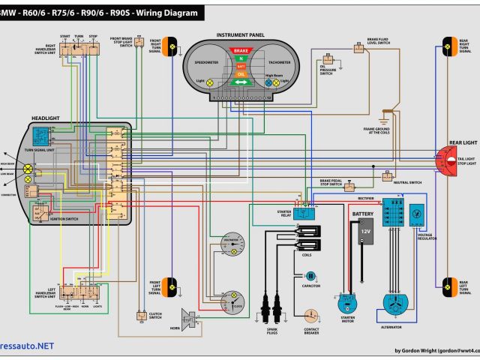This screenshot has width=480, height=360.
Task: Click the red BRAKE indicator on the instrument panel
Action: click(241, 49)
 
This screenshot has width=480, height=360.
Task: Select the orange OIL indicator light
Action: click(241, 74)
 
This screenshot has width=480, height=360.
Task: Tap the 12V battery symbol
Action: click(365, 235)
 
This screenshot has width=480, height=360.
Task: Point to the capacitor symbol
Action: click(311, 276)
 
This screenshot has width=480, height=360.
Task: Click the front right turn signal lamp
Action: click(172, 47)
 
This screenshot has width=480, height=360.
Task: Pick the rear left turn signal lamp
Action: click(449, 286)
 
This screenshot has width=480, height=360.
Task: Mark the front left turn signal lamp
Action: click(172, 285)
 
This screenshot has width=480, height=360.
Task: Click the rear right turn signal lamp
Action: click(449, 46)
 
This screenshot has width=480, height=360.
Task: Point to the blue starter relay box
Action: click(305, 212)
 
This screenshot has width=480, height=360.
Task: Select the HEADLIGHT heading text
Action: click(46, 118)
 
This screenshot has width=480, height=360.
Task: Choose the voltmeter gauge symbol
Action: click(234, 244)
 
